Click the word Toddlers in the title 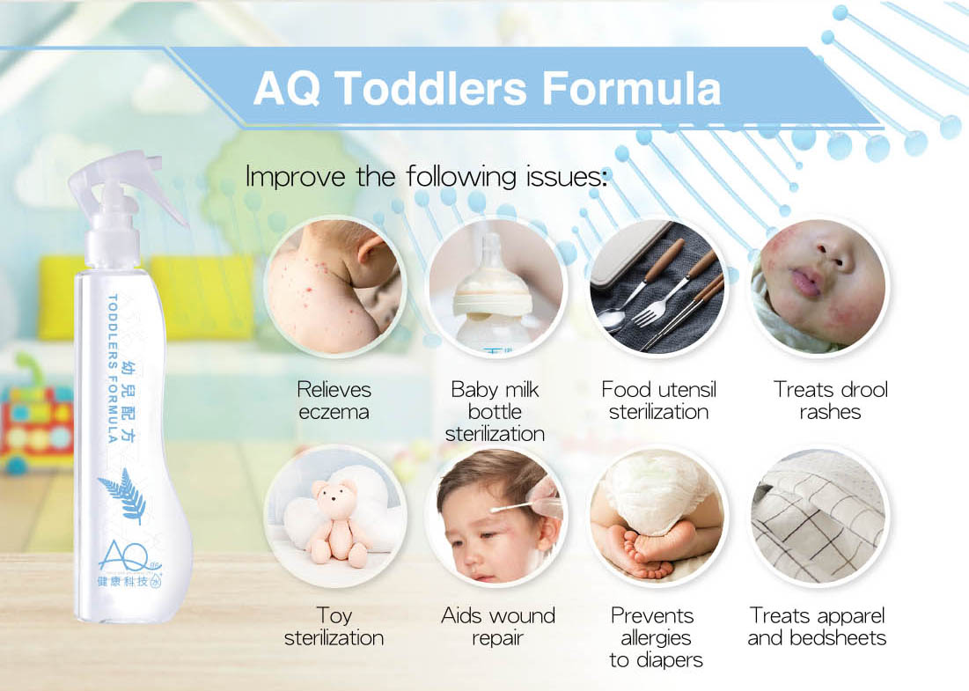tap(430, 88)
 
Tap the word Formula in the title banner tap(631, 88)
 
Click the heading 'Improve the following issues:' tap(427, 176)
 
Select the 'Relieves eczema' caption tap(334, 401)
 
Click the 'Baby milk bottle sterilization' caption tap(495, 411)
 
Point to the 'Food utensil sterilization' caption tap(659, 401)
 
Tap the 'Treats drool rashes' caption tap(831, 401)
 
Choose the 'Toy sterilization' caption tap(334, 626)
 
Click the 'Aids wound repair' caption tap(498, 626)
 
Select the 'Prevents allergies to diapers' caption tap(656, 637)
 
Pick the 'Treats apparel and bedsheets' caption tap(817, 626)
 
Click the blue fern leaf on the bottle tap(123, 495)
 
